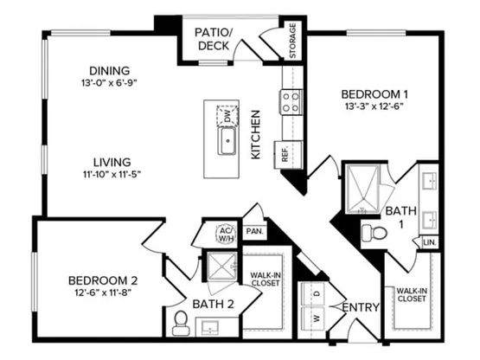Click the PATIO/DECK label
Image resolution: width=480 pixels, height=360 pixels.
(x=214, y=39)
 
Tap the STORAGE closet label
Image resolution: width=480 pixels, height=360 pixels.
(x=292, y=41)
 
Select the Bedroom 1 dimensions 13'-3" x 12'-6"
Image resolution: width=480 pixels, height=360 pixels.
(x=374, y=106)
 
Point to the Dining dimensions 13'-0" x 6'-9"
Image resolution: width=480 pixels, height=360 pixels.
(x=109, y=83)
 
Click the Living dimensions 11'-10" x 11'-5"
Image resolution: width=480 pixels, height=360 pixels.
(x=112, y=175)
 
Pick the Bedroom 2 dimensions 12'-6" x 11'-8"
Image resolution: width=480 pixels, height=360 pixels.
(x=103, y=292)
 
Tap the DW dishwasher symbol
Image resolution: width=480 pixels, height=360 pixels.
(x=227, y=116)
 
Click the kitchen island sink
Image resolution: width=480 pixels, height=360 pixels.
(x=227, y=141)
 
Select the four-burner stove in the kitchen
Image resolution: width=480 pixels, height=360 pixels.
(x=291, y=102)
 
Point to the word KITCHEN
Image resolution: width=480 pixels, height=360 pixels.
(x=256, y=134)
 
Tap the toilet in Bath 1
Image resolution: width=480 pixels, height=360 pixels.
(x=374, y=234)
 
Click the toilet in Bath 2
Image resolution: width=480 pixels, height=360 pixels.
(x=181, y=324)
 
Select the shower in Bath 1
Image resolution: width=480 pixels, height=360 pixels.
(x=362, y=189)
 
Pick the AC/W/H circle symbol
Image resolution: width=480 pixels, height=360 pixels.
(x=227, y=235)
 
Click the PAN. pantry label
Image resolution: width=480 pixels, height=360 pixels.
(x=254, y=231)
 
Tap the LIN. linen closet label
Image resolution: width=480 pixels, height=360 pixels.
(x=430, y=242)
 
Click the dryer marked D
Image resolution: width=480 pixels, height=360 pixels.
(x=313, y=294)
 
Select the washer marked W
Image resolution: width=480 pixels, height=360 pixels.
(x=313, y=318)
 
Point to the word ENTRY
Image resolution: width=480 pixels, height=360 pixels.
(x=361, y=307)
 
